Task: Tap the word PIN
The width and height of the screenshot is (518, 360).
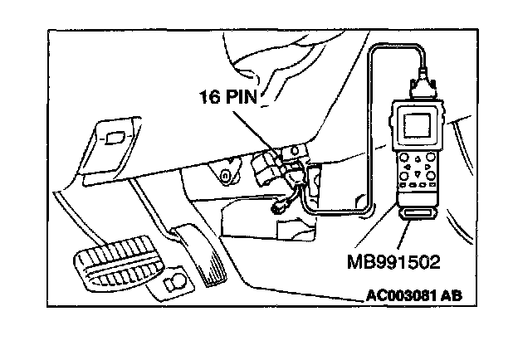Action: coord(242,97)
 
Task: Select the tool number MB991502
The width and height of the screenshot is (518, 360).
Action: coord(393,262)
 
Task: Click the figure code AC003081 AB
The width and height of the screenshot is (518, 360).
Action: coord(414,295)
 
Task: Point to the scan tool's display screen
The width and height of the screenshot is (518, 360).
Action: coord(418,125)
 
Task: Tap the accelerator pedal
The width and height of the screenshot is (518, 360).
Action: coord(202,254)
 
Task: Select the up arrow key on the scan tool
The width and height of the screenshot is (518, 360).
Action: coord(418,159)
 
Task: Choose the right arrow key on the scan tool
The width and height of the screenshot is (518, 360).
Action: coord(428,167)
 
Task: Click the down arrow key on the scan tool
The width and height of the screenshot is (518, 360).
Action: coord(418,173)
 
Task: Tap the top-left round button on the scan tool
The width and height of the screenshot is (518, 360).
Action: coord(404,157)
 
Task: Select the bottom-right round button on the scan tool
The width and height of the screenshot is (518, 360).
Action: coord(431,176)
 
